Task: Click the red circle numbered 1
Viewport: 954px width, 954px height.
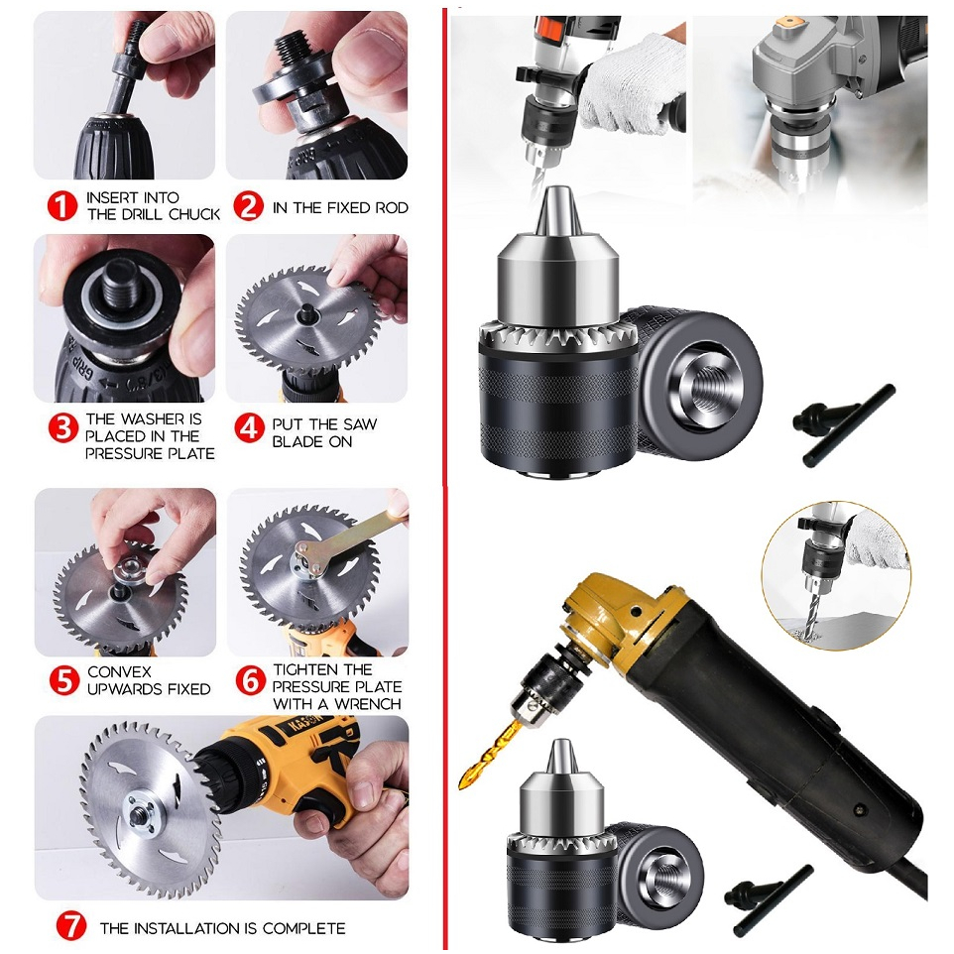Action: click(62, 206)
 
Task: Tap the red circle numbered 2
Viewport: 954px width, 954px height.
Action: click(248, 206)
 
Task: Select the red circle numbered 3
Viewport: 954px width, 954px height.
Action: click(62, 428)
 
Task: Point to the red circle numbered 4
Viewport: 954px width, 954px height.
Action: click(248, 428)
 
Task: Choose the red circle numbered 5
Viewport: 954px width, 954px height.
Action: click(62, 680)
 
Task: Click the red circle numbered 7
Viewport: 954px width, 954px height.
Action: click(70, 927)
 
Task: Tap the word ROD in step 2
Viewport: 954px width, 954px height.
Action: click(391, 207)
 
